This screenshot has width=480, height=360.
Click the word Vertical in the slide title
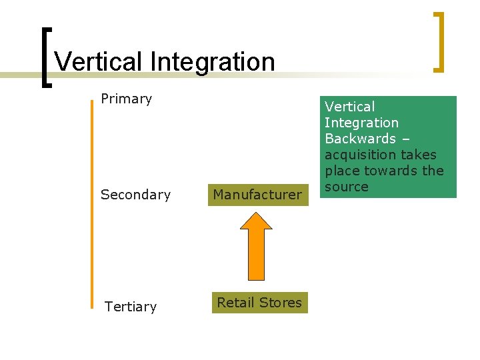pos(99,61)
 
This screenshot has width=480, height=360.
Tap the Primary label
pos(126,99)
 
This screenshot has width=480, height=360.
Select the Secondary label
pos(135,195)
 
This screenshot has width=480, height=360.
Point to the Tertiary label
pos(130,307)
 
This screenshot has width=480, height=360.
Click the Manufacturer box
pos(257,195)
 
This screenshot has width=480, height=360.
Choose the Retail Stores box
pos(259,303)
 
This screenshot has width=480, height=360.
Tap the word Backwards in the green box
pos(360,139)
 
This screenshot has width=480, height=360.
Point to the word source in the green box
pos(346,187)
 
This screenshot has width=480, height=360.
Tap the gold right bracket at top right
pos(439,41)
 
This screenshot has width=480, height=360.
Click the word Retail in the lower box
pos(236,303)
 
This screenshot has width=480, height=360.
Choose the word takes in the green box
pos(419,155)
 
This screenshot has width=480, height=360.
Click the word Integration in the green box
pos(361,123)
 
